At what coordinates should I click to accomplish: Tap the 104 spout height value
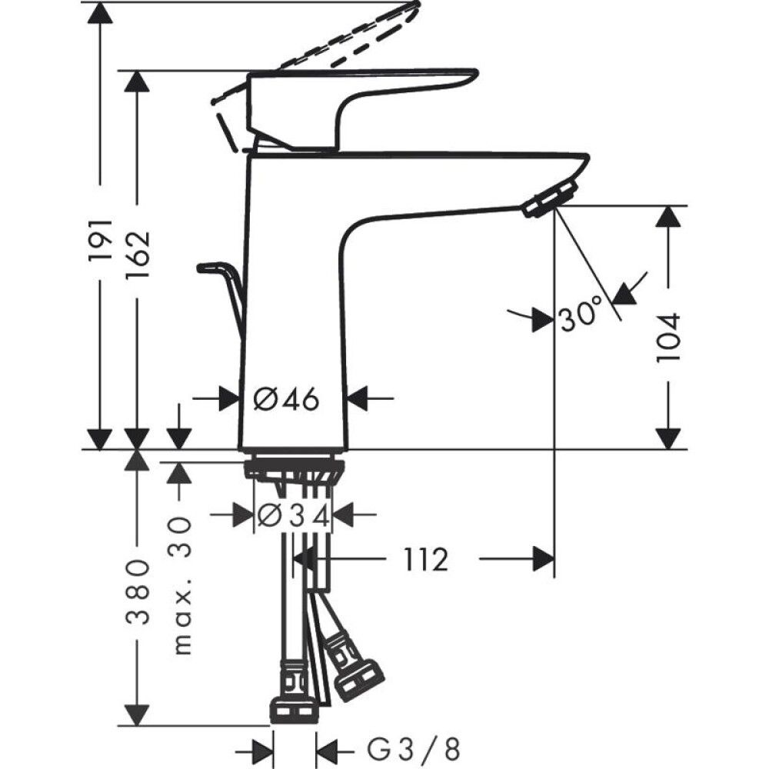(x=669, y=337)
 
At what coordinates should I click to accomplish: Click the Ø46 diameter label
(x=286, y=399)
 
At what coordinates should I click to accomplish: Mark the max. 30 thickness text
(x=180, y=584)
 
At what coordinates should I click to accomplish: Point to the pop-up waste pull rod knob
(x=208, y=268)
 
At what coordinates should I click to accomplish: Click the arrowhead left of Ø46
(x=228, y=398)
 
